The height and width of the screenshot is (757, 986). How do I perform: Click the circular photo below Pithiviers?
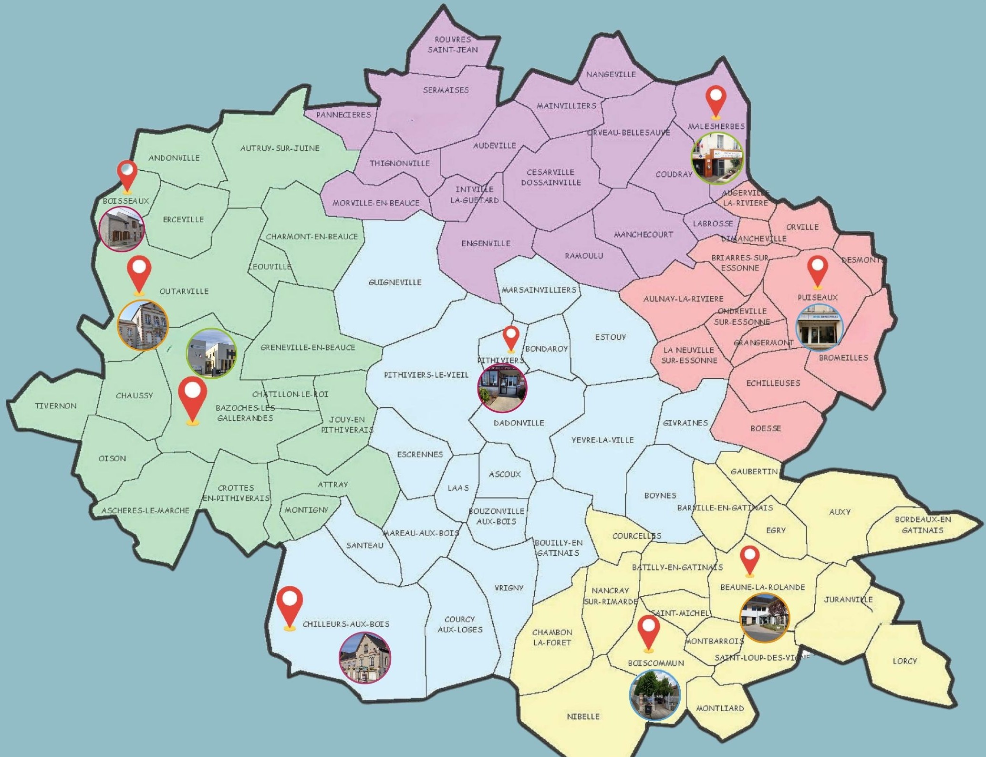(502, 387)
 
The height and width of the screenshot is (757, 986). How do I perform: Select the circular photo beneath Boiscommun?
(655, 695)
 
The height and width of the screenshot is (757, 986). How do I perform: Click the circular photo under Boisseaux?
(122, 229)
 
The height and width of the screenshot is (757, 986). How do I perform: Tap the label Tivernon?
(56, 406)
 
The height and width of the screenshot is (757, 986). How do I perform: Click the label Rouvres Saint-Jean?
(453, 44)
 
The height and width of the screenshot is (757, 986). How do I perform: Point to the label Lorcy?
(905, 661)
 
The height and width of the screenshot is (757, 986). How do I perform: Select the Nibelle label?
(583, 716)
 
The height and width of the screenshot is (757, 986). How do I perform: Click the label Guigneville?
(395, 282)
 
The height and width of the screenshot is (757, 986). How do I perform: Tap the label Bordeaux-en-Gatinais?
(923, 525)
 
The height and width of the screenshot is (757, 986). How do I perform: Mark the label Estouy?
(610, 337)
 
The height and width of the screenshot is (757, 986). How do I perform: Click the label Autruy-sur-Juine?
(280, 148)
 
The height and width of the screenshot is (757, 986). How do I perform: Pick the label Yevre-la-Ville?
(602, 440)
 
